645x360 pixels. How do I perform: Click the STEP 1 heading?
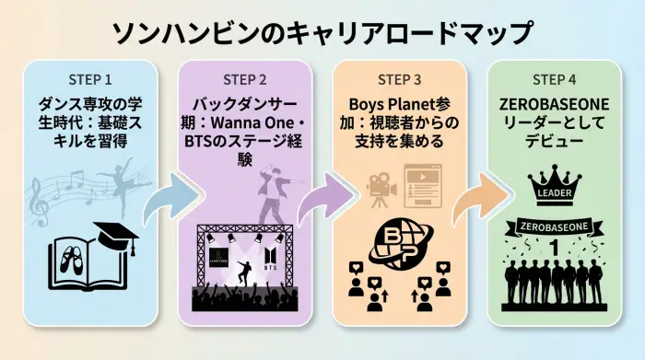coord(92,77)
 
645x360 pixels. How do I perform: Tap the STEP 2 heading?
coord(245,77)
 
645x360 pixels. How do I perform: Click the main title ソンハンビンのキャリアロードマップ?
coord(322,30)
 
